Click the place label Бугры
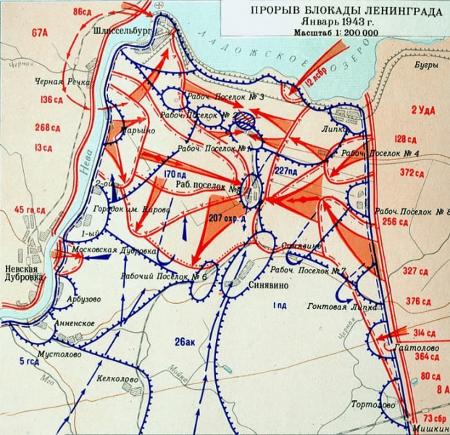426,67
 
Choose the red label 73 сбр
433,420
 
